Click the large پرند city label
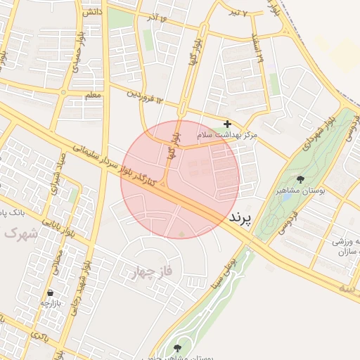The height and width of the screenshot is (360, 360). [240, 219]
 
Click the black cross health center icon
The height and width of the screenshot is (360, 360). [227, 124]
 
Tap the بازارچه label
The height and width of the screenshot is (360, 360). [50, 303]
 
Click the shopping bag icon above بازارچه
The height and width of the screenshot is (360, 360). [50, 292]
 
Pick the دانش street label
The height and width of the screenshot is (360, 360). [91, 12]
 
